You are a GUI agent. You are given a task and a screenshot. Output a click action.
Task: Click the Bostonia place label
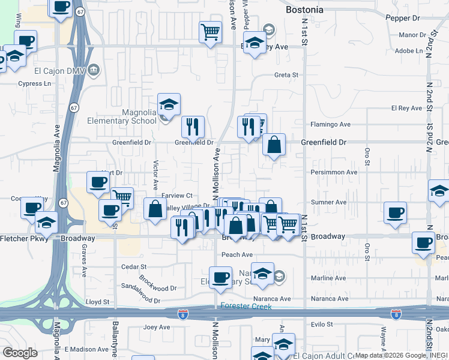305,10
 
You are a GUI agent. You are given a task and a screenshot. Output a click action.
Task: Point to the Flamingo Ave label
330,125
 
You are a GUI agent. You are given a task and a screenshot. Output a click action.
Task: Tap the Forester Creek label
246,307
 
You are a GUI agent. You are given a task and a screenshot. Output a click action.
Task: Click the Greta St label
286,76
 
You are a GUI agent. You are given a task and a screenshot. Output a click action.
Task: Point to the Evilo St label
321,324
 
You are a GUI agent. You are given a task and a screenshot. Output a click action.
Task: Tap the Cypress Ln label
32,84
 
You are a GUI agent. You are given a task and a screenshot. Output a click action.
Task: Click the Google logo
20,352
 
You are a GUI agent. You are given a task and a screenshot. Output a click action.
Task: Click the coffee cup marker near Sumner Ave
396,212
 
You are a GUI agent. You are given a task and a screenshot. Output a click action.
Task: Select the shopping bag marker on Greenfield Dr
274,145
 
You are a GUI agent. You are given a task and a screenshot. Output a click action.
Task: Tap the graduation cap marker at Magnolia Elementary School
169,104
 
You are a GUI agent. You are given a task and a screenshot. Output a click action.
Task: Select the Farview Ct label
176,196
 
